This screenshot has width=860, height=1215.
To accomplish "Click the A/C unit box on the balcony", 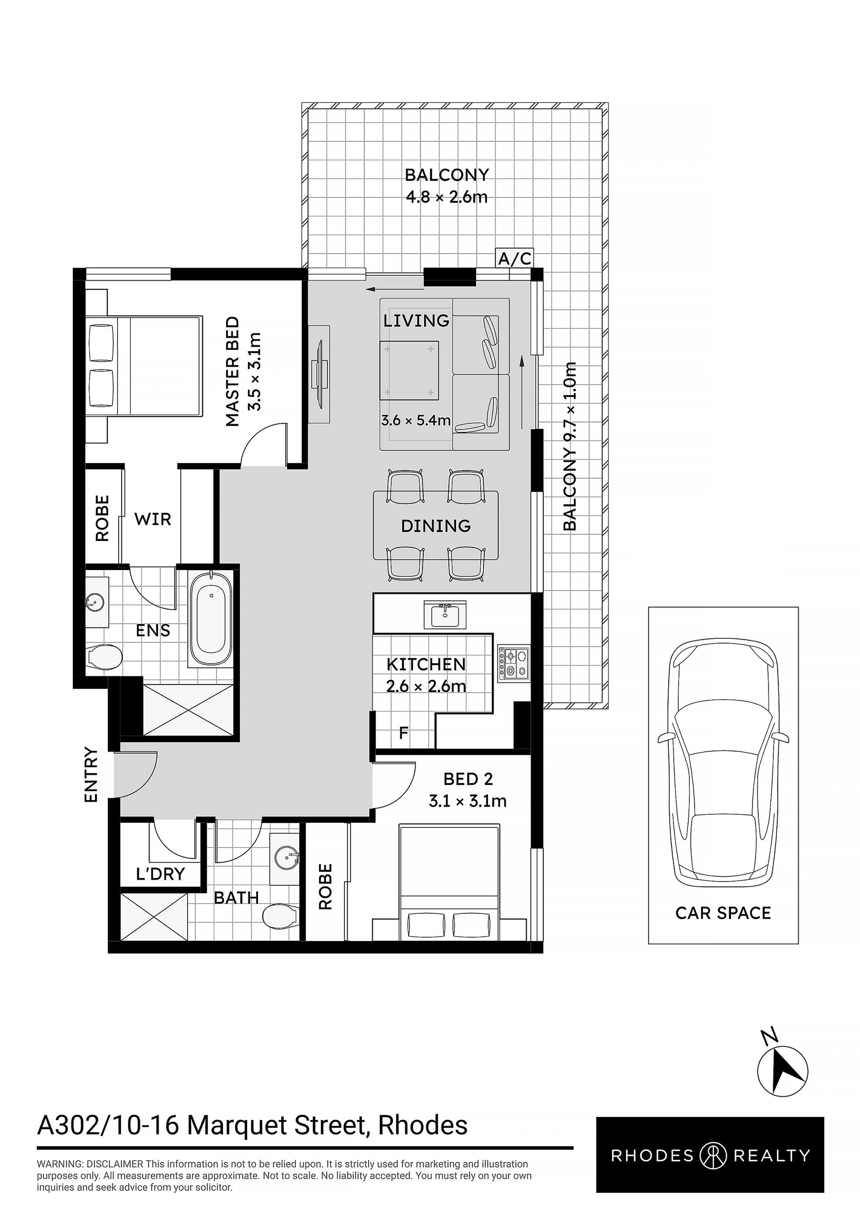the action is [x=514, y=258].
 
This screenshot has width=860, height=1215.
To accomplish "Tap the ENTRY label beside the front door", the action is [x=91, y=775].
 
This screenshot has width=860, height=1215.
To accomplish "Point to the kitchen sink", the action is [x=445, y=614].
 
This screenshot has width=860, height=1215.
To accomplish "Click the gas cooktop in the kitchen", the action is [x=513, y=664].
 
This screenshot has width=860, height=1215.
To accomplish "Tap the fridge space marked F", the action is [x=404, y=733].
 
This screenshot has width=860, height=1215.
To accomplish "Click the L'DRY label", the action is [x=160, y=874].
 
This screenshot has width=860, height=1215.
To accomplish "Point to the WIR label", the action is [x=152, y=519].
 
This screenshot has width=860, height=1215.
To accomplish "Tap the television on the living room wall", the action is [x=320, y=374].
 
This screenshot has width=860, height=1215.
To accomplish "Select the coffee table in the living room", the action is [x=410, y=370].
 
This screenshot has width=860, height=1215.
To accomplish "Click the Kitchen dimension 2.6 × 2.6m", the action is [x=426, y=686].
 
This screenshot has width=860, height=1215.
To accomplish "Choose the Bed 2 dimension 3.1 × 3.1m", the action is [x=468, y=801].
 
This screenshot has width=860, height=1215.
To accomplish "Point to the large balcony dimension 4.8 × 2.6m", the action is [x=447, y=197].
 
